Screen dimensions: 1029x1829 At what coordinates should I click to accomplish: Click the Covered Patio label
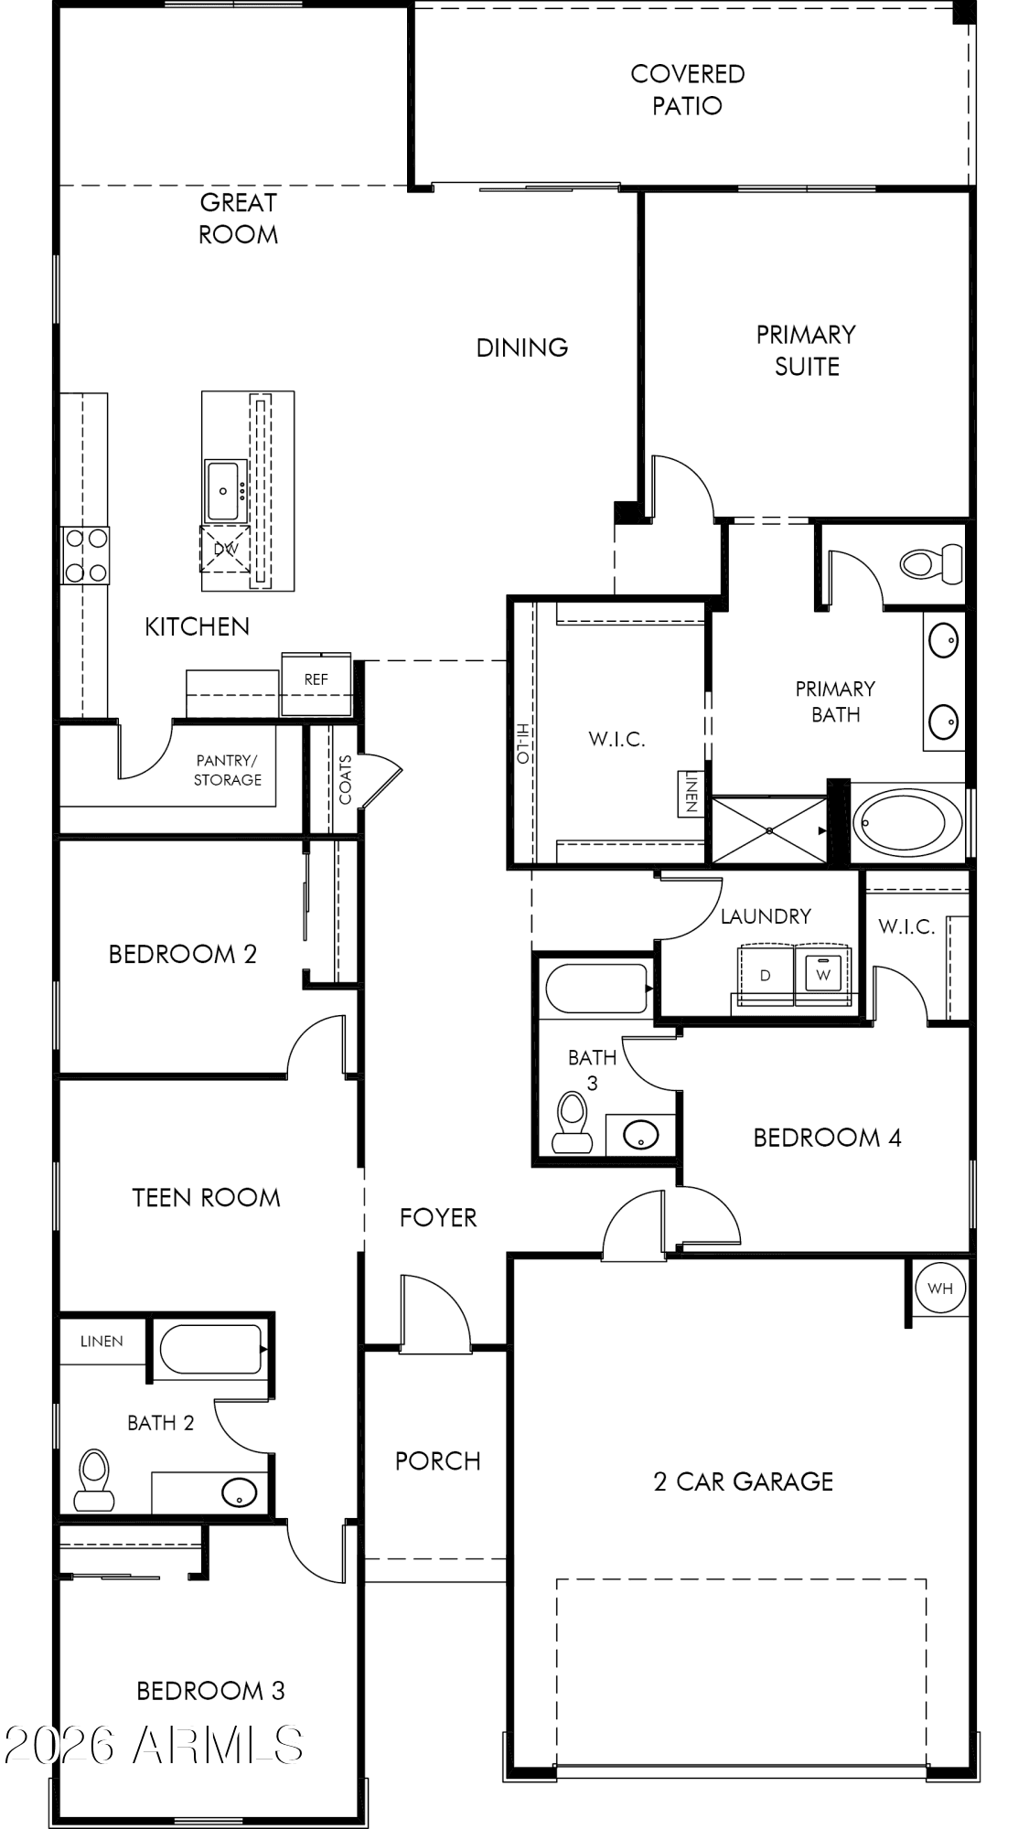pos(688,90)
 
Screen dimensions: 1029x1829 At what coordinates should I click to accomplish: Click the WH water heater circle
pos(940,1289)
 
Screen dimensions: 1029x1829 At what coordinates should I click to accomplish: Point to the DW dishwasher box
pos(225,549)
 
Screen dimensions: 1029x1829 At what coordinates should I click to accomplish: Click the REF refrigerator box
pos(316,683)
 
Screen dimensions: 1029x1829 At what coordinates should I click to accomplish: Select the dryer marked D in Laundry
pos(766,975)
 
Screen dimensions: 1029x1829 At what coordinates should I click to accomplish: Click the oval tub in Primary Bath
pos(908,822)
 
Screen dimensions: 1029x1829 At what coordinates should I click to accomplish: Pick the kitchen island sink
pos(224,491)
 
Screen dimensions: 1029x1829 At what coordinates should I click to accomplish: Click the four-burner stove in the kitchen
pos(85,555)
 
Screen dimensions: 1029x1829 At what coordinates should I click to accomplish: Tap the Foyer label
pos(438,1217)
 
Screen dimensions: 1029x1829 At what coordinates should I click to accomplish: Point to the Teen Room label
pos(206,1197)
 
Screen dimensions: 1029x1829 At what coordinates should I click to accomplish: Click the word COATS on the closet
pos(345,779)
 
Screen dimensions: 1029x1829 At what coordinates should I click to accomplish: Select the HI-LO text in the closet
pos(522,743)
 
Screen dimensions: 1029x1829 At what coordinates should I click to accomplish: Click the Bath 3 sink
pos(641,1135)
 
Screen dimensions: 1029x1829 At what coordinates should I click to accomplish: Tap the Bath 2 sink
pos(239,1492)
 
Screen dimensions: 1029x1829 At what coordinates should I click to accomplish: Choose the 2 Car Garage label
pos(744,1481)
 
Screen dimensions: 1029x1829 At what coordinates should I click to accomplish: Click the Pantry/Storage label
pos(228,770)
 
